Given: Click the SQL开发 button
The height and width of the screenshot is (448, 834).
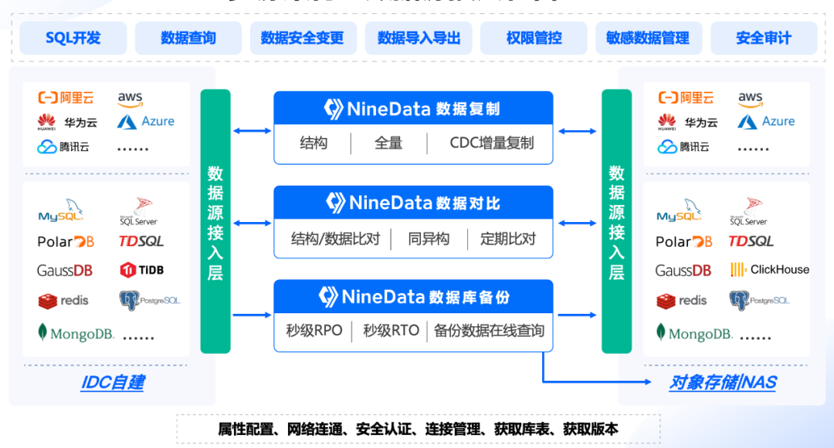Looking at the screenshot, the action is [x=73, y=38].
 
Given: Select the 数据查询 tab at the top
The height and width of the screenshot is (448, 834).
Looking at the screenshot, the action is [x=188, y=38].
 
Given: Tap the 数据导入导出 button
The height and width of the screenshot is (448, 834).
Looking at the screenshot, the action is [x=419, y=38].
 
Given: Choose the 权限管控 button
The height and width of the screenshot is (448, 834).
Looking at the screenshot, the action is [x=534, y=38].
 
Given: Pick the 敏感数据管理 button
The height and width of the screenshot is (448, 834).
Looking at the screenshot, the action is [x=648, y=38].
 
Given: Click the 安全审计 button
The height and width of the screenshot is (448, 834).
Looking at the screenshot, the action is [x=763, y=38].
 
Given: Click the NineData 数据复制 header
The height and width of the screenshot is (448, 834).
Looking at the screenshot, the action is [x=413, y=109].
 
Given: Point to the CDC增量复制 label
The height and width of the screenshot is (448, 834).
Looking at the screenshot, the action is [x=491, y=143].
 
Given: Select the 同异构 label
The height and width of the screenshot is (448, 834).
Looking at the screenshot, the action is [x=429, y=238].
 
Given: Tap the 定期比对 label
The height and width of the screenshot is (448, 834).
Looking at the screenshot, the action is [x=507, y=238].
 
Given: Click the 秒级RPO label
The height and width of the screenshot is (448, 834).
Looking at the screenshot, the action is [x=314, y=331].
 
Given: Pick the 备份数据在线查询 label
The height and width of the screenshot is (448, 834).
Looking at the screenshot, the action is [x=489, y=331].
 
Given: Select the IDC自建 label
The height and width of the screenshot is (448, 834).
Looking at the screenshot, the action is [x=113, y=382].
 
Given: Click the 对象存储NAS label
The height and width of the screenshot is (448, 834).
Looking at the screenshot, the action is [x=723, y=382].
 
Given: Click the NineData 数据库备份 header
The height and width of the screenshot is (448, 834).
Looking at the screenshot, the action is [x=413, y=297].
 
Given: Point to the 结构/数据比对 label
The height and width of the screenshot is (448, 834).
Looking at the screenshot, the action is [x=335, y=238].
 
